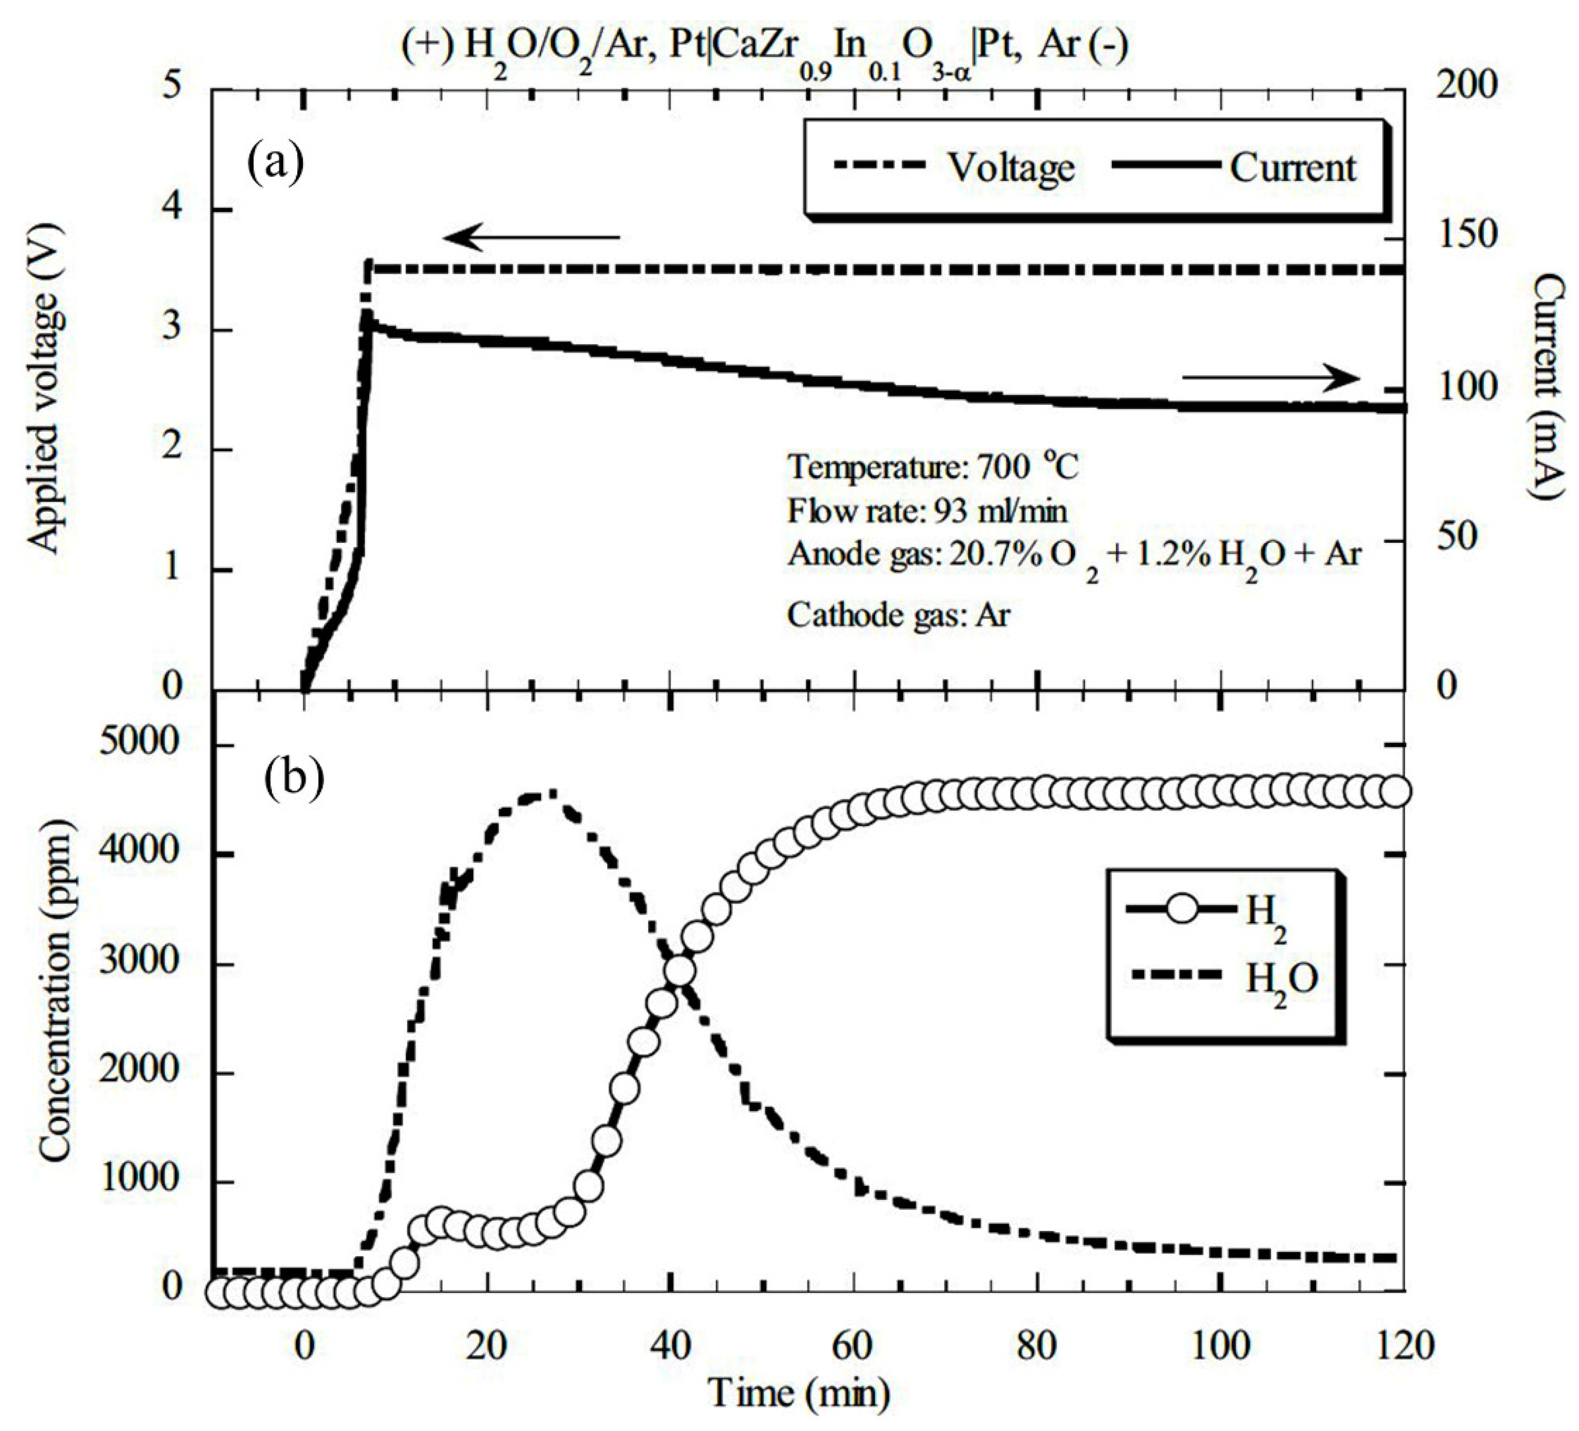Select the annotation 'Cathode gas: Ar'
[x=899, y=615]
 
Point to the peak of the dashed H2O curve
[x=550, y=794]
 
